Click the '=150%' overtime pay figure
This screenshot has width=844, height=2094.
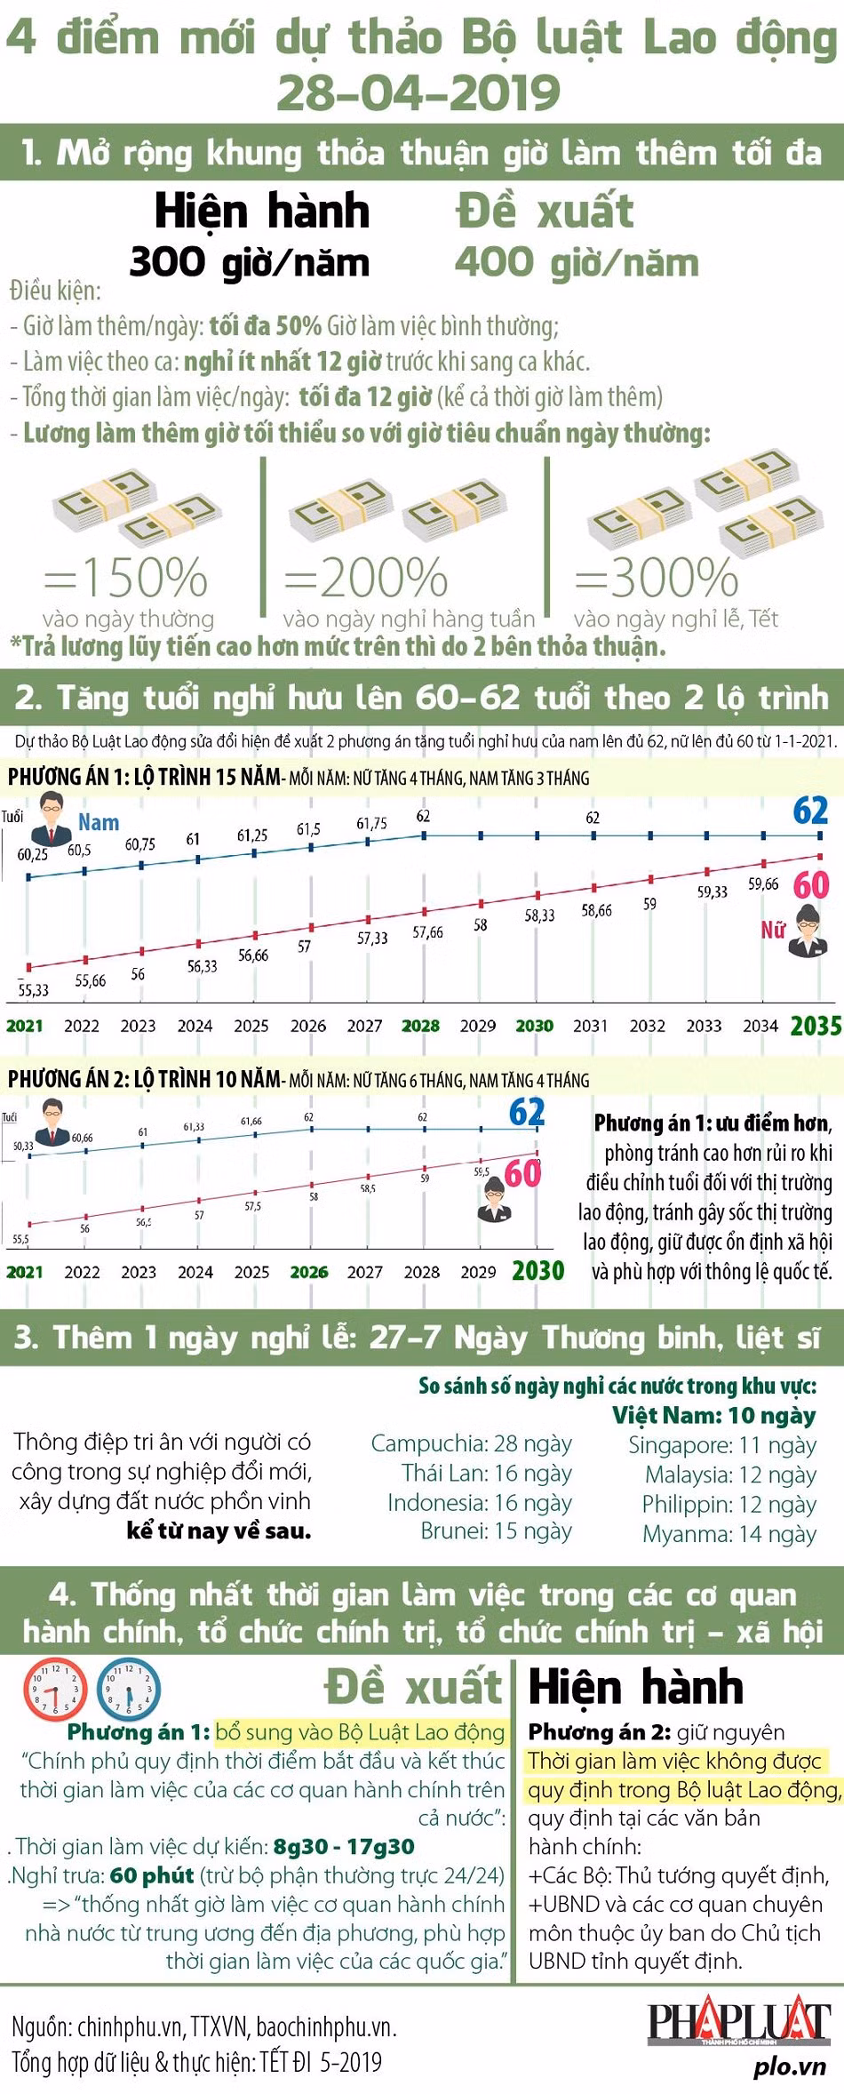[126, 578]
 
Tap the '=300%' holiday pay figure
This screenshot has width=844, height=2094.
[657, 578]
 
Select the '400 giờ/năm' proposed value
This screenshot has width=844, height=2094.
[577, 262]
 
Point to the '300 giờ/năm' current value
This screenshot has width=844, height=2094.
[250, 262]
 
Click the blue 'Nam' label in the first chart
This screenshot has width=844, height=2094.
[99, 822]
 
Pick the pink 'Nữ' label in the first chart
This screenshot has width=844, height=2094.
[773, 930]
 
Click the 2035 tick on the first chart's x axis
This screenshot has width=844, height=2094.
[816, 1026]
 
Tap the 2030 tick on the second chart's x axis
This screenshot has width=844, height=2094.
[537, 1271]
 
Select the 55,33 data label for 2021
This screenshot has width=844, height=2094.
[34, 989]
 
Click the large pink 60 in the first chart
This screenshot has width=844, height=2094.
[810, 884]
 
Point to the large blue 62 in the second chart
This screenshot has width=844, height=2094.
[526, 1113]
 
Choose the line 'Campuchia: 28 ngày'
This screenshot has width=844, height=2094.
[471, 1443]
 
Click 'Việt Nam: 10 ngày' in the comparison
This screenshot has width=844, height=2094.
[713, 1415]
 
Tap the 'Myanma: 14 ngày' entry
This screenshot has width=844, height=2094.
[729, 1534]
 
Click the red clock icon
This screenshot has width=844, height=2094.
[55, 1686]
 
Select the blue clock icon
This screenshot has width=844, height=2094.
[129, 1686]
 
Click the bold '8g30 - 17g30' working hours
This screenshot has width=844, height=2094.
[344, 1846]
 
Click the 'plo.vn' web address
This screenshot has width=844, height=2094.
[790, 2067]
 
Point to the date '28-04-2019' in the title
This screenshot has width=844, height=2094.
[418, 92]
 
